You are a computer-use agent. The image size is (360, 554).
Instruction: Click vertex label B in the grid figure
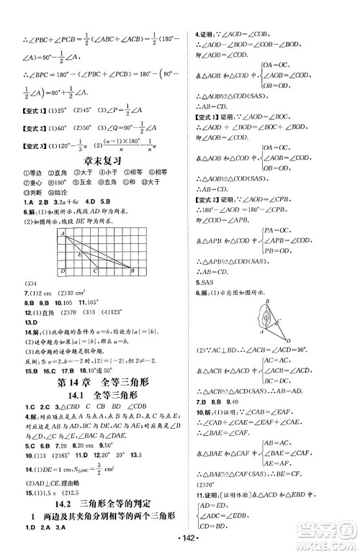(135, 271)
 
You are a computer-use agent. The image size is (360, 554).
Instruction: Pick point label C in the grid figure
(96, 271)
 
